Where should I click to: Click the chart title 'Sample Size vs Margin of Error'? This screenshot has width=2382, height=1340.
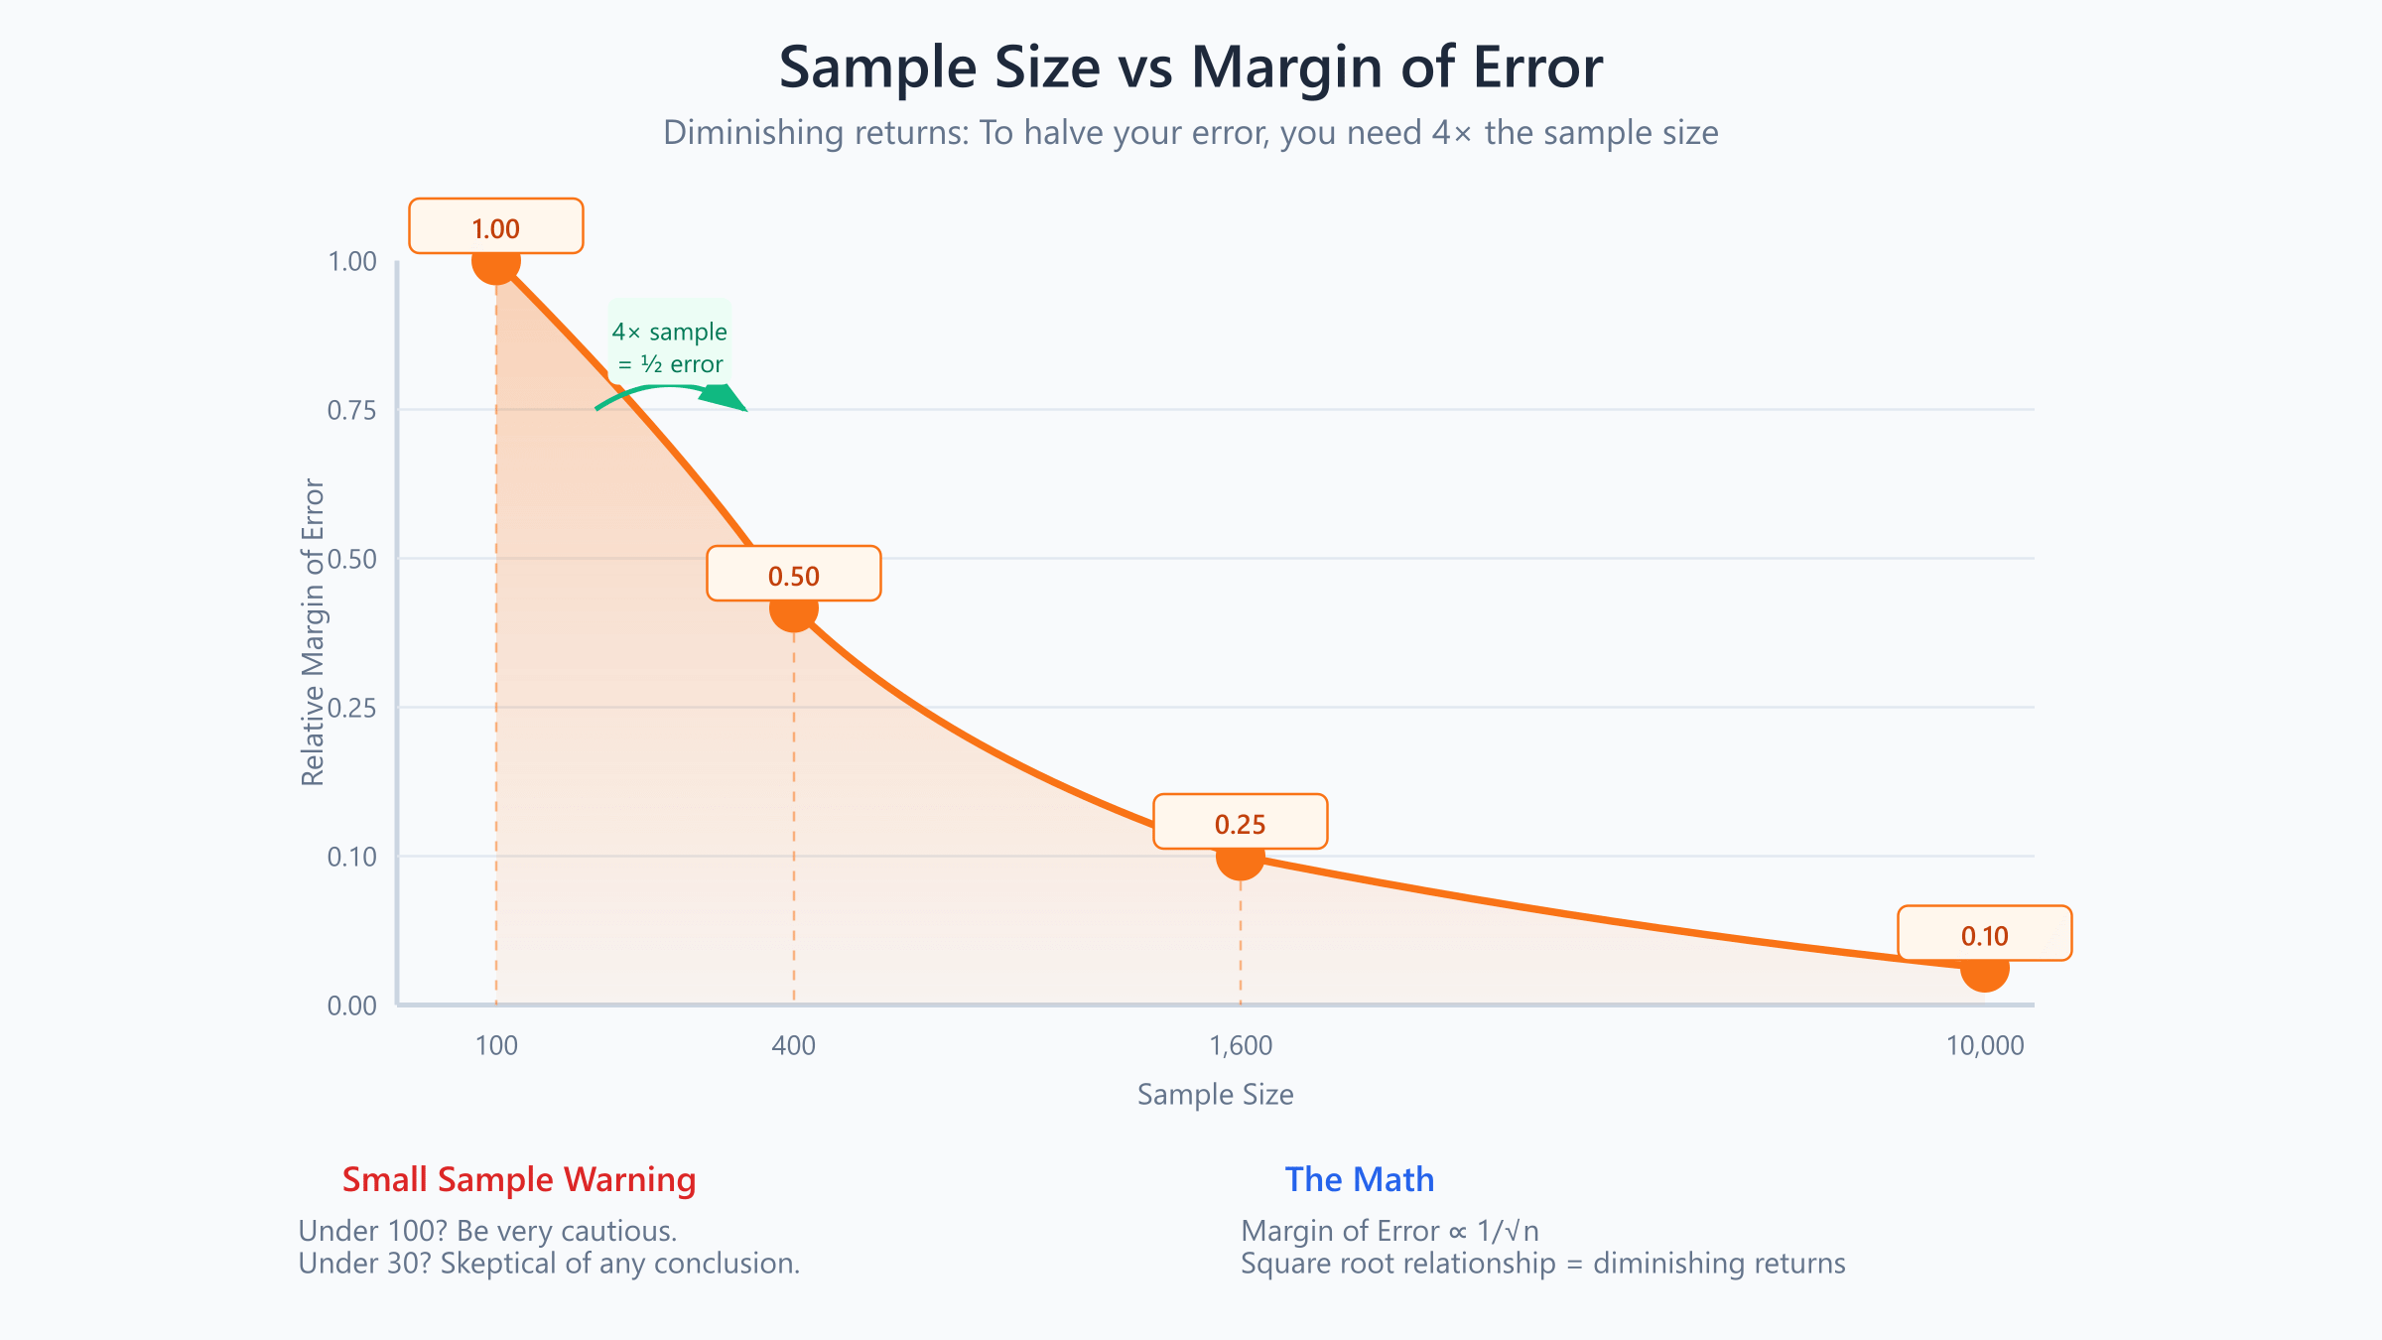[x=1190, y=67]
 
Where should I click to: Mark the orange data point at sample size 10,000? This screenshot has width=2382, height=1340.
[x=1985, y=971]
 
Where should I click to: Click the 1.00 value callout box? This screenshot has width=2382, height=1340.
[x=496, y=227]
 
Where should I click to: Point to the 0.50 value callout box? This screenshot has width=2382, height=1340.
[x=794, y=575]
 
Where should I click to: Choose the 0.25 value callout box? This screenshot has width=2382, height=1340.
[x=1241, y=823]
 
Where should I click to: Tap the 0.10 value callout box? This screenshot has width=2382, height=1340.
[x=1985, y=934]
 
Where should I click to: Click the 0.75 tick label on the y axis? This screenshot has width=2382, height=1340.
[x=352, y=410]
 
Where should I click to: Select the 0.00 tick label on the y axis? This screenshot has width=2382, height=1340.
[x=352, y=1005]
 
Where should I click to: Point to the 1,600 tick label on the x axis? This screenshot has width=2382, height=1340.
[x=1241, y=1045]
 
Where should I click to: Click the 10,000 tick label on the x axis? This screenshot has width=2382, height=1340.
[x=1985, y=1045]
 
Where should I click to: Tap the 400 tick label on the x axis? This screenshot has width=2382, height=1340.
[x=794, y=1045]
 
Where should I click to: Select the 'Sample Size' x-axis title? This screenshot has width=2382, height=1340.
[x=1215, y=1094]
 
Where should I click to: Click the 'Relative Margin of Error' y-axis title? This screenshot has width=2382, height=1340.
[x=313, y=632]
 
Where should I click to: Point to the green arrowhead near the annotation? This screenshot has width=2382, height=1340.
[x=724, y=396]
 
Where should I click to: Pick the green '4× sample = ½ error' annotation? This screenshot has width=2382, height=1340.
[x=670, y=347]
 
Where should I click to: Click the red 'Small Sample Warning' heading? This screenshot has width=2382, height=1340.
[x=519, y=1179]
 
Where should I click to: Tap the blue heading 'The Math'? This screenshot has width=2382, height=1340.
[x=1359, y=1179]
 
